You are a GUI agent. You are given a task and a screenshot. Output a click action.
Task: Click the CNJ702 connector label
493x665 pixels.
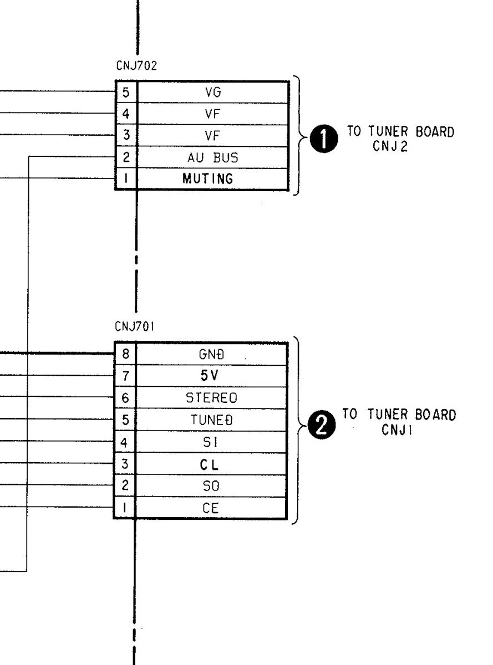(x=136, y=65)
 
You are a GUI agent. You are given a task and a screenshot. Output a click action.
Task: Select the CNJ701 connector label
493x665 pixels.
(x=135, y=326)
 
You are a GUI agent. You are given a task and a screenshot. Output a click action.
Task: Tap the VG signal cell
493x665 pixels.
(x=213, y=92)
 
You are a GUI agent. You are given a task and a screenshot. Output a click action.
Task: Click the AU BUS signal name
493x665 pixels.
(x=213, y=157)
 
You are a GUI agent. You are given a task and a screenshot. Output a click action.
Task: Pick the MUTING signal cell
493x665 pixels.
(x=213, y=179)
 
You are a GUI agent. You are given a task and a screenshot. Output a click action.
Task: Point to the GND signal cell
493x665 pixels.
(x=211, y=354)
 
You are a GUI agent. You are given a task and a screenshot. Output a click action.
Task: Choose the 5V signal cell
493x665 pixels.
(x=211, y=376)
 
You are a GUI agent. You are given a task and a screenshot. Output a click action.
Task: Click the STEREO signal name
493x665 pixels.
(x=211, y=398)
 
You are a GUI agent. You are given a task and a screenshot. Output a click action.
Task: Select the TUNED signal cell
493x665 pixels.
(x=211, y=420)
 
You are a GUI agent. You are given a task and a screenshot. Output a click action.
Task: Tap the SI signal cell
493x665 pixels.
(x=211, y=442)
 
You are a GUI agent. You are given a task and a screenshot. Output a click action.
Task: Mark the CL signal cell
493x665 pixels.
(x=211, y=464)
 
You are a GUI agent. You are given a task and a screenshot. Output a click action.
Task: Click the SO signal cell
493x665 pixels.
(x=211, y=485)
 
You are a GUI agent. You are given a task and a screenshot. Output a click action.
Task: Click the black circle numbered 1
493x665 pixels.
(x=324, y=139)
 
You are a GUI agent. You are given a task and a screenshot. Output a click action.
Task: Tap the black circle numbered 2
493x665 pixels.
(x=322, y=425)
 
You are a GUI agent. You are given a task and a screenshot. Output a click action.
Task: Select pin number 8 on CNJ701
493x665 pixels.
(x=126, y=354)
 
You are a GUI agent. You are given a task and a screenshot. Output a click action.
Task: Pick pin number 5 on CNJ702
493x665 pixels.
(x=126, y=93)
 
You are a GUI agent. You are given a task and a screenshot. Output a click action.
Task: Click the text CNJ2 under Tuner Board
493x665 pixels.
(x=390, y=146)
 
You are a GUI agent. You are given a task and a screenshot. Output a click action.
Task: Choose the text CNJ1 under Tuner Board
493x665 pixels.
(x=397, y=429)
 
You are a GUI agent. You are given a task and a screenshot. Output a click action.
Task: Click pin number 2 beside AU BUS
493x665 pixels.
(x=126, y=157)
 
